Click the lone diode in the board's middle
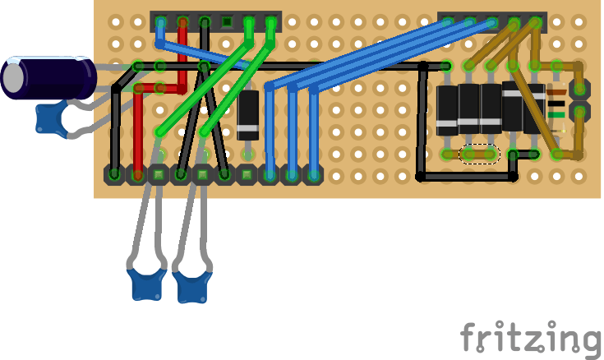tap(248, 115)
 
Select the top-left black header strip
tap(216, 21)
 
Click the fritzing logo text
tap(530, 338)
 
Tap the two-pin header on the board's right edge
tap(580, 99)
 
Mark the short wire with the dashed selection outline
tap(480, 154)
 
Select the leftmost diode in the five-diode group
tap(447, 109)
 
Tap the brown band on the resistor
tap(556, 93)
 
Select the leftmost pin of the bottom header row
tap(114, 174)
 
